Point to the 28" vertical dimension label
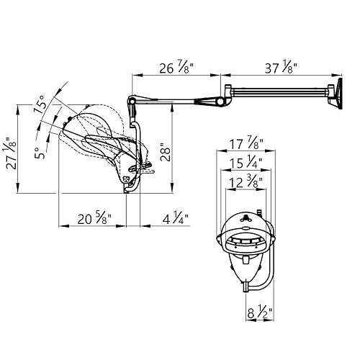[x=165, y=153]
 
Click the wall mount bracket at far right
[x=336, y=96]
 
